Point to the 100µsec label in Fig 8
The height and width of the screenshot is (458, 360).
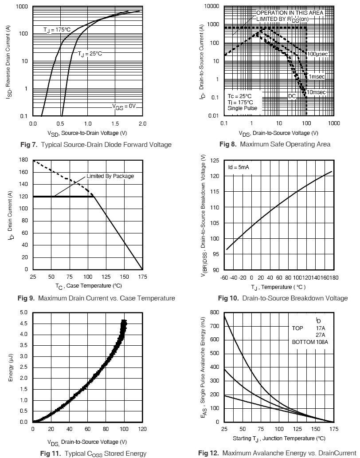tap(317, 54)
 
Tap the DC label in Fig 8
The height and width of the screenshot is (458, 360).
tap(292, 96)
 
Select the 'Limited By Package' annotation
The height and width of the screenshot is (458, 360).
tap(110, 176)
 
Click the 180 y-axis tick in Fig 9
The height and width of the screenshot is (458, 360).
tap(23, 160)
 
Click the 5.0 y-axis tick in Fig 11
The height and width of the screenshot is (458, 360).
tap(23, 312)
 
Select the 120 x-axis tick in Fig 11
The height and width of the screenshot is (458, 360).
tap(142, 430)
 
